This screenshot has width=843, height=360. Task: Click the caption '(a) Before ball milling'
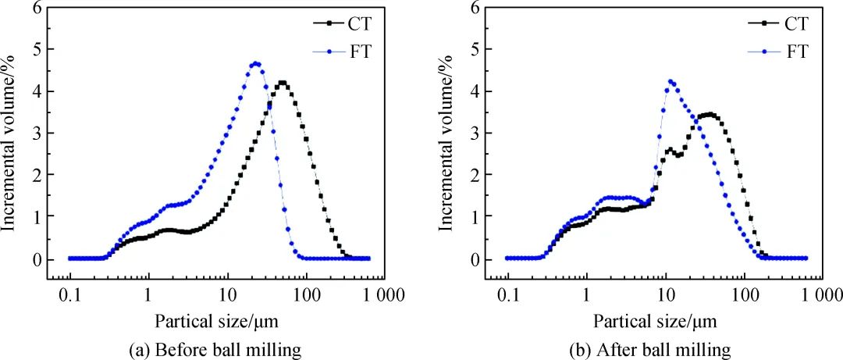(x=215, y=350)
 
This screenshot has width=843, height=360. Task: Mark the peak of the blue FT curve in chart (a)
(x=255, y=63)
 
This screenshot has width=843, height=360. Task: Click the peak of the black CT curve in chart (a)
(x=282, y=82)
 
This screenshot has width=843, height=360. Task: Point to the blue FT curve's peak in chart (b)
(x=670, y=80)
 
